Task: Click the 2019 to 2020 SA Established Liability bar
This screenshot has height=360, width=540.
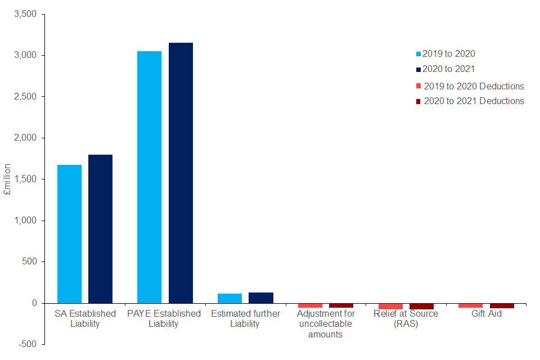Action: pyautogui.click(x=69, y=233)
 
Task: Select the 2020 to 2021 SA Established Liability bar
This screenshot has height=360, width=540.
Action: pyautogui.click(x=100, y=228)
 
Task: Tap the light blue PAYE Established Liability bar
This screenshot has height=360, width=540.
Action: pyautogui.click(x=149, y=177)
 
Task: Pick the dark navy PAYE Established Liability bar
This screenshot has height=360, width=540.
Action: pyautogui.click(x=181, y=173)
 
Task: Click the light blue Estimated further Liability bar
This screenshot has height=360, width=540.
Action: pyautogui.click(x=229, y=298)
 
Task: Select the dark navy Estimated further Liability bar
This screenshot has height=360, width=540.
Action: pyautogui.click(x=261, y=298)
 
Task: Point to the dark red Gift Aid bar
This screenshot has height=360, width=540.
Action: pyautogui.click(x=502, y=305)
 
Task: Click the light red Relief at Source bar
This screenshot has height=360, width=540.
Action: pyautogui.click(x=390, y=305)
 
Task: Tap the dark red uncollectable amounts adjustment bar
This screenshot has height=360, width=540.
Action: pyautogui.click(x=341, y=305)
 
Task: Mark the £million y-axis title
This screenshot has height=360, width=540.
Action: pyautogui.click(x=8, y=179)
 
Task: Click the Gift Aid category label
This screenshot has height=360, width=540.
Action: pyautogui.click(x=487, y=314)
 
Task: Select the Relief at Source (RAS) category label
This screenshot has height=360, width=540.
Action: pyautogui.click(x=406, y=318)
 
